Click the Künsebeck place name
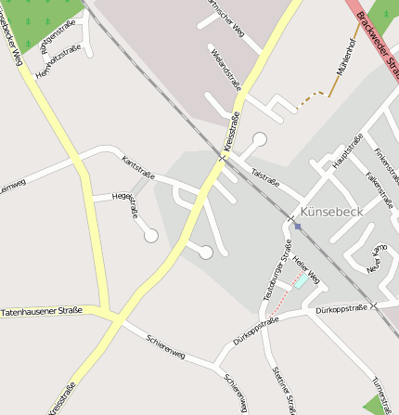pyautogui.click(x=331, y=211)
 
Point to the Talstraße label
pyautogui.click(x=265, y=176)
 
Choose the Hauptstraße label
pyautogui.click(x=346, y=151)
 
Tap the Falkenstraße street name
pyautogui.click(x=380, y=189)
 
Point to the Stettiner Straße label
pyautogui.click(x=283, y=389)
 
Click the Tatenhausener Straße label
pyautogui.click(x=42, y=311)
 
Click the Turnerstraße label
pyautogui.click(x=382, y=394)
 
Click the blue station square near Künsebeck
pyautogui.click(x=297, y=226)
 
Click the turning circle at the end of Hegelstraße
pyautogui.click(x=150, y=236)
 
